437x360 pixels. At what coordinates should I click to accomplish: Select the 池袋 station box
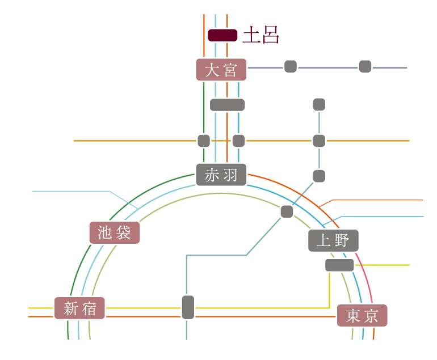tap(114, 232)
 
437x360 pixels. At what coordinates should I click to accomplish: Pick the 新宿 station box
tap(79, 308)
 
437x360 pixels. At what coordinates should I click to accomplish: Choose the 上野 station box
tap(334, 240)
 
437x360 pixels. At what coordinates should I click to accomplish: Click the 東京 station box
tap(361, 316)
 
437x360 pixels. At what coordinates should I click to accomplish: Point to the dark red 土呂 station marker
tap(222, 35)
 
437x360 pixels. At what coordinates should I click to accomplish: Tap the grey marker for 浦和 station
tap(227, 105)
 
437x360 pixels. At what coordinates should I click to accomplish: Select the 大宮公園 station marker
tap(291, 66)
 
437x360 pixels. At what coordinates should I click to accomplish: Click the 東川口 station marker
tap(319, 140)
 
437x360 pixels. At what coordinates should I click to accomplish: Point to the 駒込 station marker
tap(287, 211)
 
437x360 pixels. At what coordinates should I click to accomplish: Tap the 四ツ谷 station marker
tap(188, 307)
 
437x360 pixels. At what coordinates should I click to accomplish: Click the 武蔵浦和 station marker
tap(203, 140)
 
